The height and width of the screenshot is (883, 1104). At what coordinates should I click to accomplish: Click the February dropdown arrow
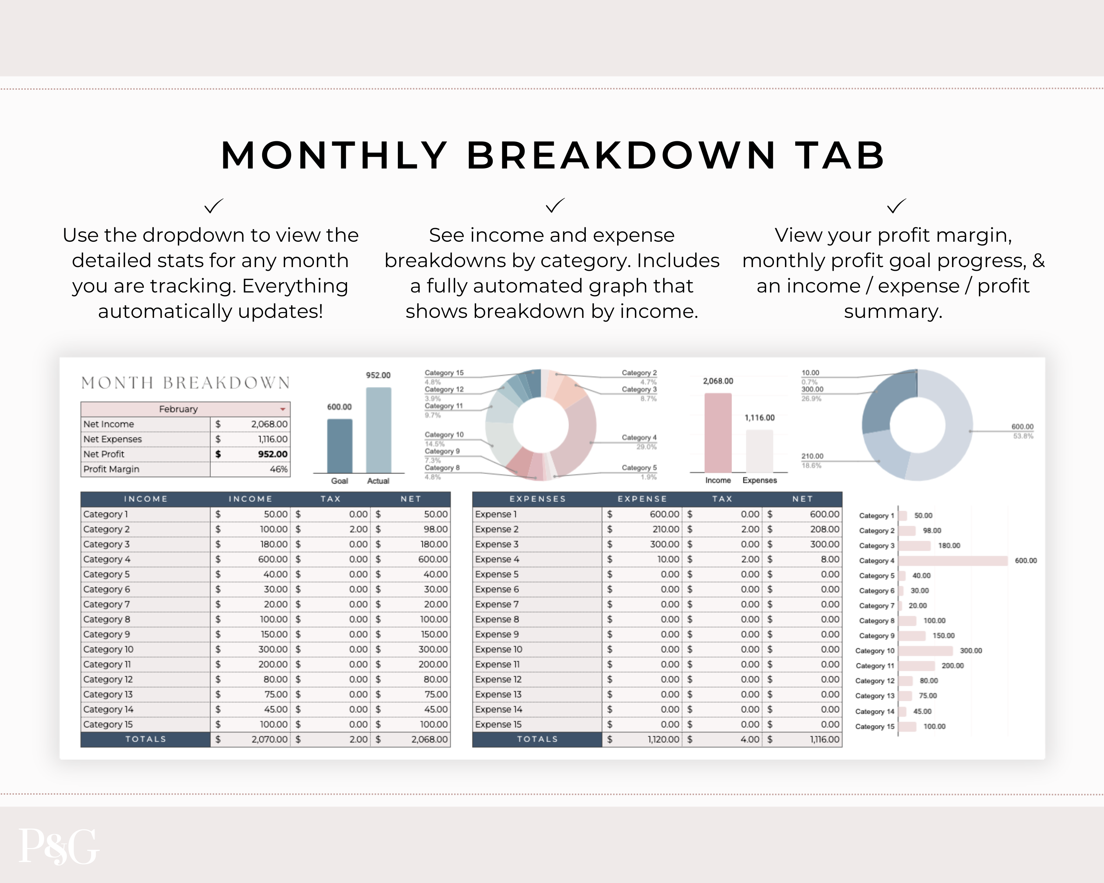[282, 409]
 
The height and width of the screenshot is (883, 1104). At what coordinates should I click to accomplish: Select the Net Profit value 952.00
[272, 454]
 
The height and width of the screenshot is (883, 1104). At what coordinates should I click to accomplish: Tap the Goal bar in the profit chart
[340, 445]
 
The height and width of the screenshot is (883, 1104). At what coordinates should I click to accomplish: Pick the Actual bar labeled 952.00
[378, 430]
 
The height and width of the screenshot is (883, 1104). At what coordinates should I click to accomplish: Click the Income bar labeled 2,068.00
[718, 433]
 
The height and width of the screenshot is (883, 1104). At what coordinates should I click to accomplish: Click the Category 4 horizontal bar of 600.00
[952, 560]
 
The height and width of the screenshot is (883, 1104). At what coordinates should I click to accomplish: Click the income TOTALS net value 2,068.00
[429, 740]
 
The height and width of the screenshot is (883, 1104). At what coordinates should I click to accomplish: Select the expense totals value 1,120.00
[663, 740]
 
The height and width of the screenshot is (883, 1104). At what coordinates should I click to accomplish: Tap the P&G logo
[59, 847]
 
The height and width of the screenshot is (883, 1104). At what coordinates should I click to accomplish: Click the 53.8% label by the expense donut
[1023, 436]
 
